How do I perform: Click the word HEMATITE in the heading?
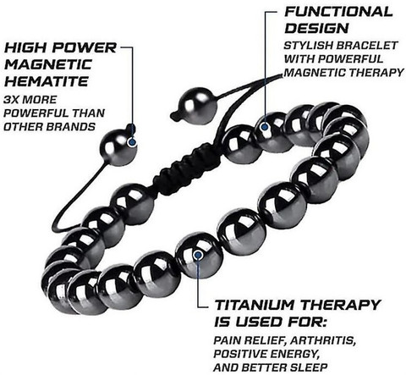(x=47, y=81)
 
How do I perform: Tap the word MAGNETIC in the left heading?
(x=48, y=64)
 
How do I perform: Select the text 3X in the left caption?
(x=11, y=100)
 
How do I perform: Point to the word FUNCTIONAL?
(x=338, y=12)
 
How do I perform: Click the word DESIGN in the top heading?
(x=316, y=28)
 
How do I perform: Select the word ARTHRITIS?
(x=322, y=340)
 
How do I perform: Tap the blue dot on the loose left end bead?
(x=131, y=142)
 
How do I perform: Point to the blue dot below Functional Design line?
(x=265, y=127)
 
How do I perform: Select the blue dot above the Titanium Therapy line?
(x=198, y=255)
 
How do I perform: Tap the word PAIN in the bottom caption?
(x=226, y=340)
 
